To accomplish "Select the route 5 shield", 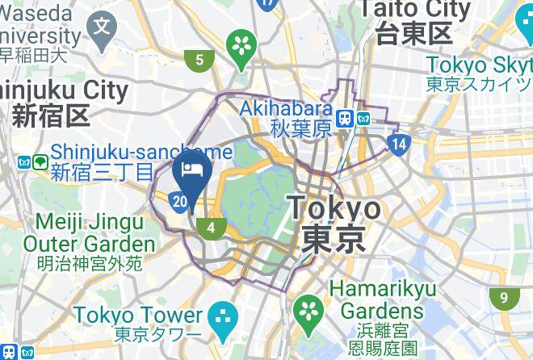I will pyautogui.click(x=199, y=59).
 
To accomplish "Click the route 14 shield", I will pyautogui.click(x=397, y=144).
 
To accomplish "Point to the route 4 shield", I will pyautogui.click(x=211, y=228).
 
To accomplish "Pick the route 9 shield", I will pyautogui.click(x=504, y=298).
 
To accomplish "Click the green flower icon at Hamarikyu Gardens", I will pyautogui.click(x=307, y=308).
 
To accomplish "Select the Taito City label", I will pyautogui.click(x=415, y=20).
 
